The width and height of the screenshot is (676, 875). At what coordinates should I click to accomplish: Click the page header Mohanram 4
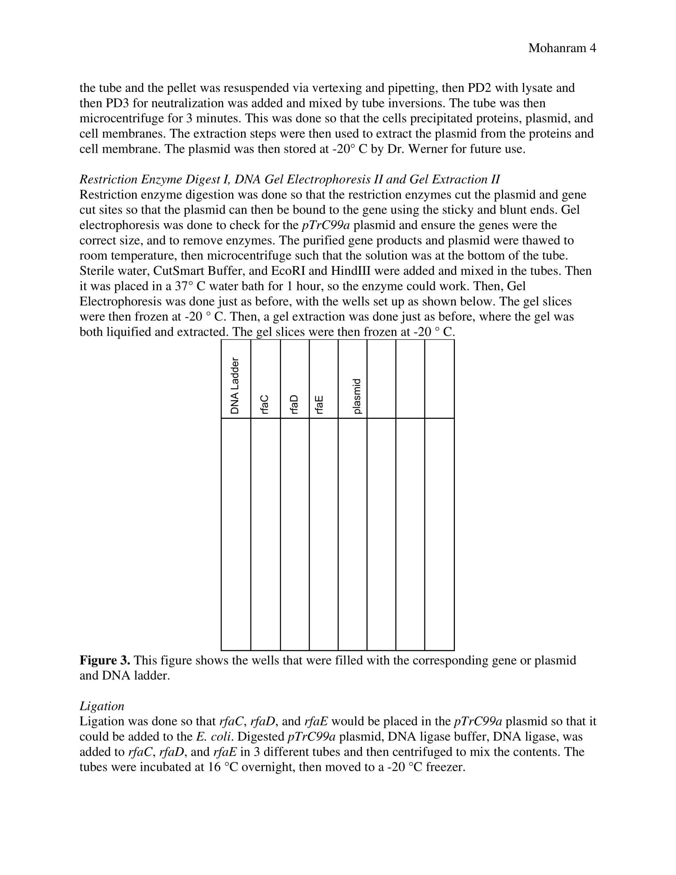point(562,48)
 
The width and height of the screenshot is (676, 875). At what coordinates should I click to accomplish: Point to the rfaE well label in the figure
point(319,404)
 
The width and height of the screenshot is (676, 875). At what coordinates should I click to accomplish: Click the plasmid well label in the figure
point(357,396)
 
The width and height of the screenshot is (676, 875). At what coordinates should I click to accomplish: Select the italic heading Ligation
point(102,706)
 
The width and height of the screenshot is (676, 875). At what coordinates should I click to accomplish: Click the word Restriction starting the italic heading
point(109,179)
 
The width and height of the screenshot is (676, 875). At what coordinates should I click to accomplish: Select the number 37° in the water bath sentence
point(184,286)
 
